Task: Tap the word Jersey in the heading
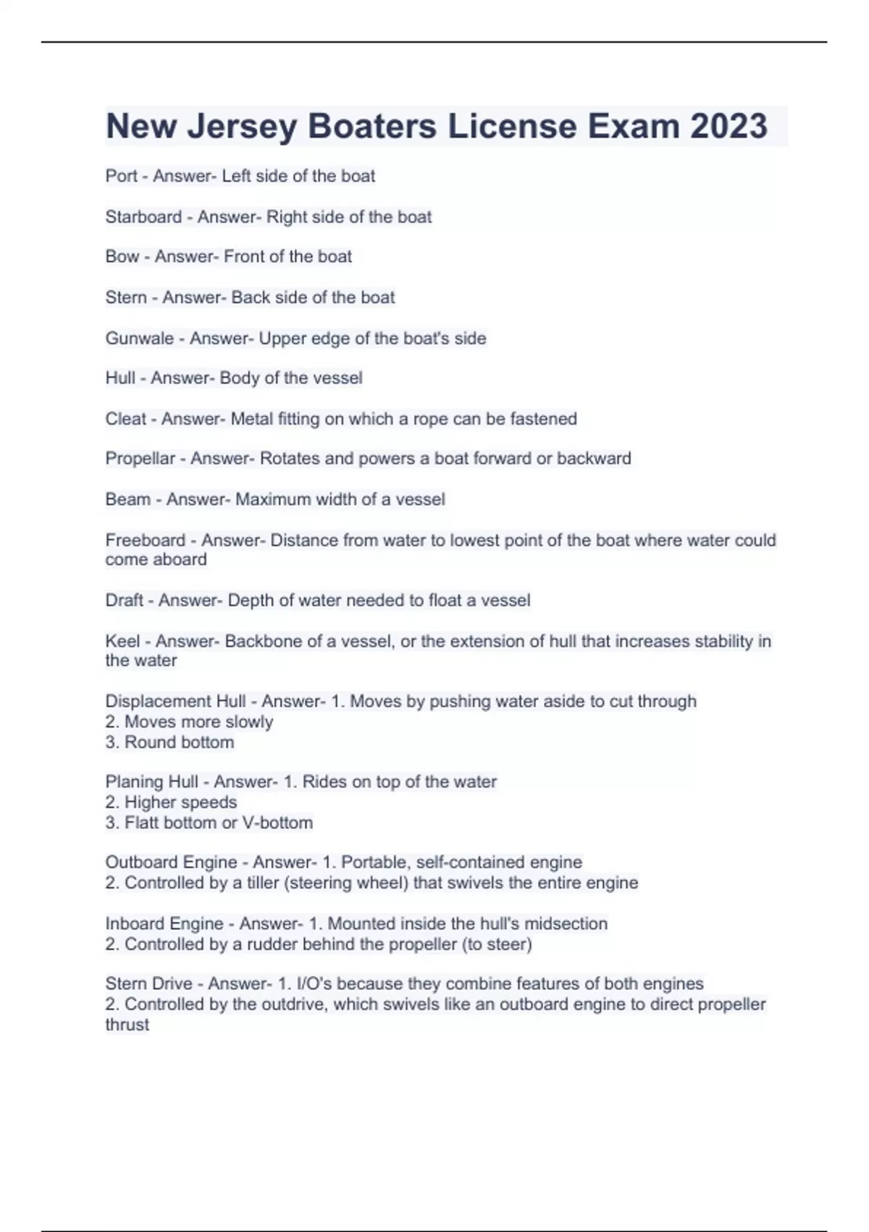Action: [242, 126]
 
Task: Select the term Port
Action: [121, 176]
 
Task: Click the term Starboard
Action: [143, 217]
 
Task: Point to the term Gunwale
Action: [140, 338]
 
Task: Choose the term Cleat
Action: [125, 419]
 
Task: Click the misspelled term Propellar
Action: [140, 459]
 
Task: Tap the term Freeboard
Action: [146, 541]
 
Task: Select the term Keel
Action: [122, 641]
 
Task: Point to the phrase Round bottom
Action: [180, 742]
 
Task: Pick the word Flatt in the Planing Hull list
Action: [142, 823]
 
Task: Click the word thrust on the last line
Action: [127, 1025]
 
